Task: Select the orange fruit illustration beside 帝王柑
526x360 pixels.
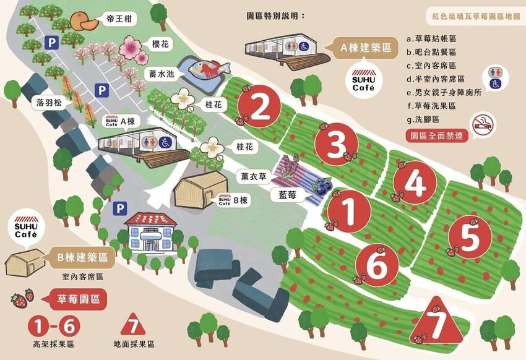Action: (84, 22)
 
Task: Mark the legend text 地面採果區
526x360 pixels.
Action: (134, 344)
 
